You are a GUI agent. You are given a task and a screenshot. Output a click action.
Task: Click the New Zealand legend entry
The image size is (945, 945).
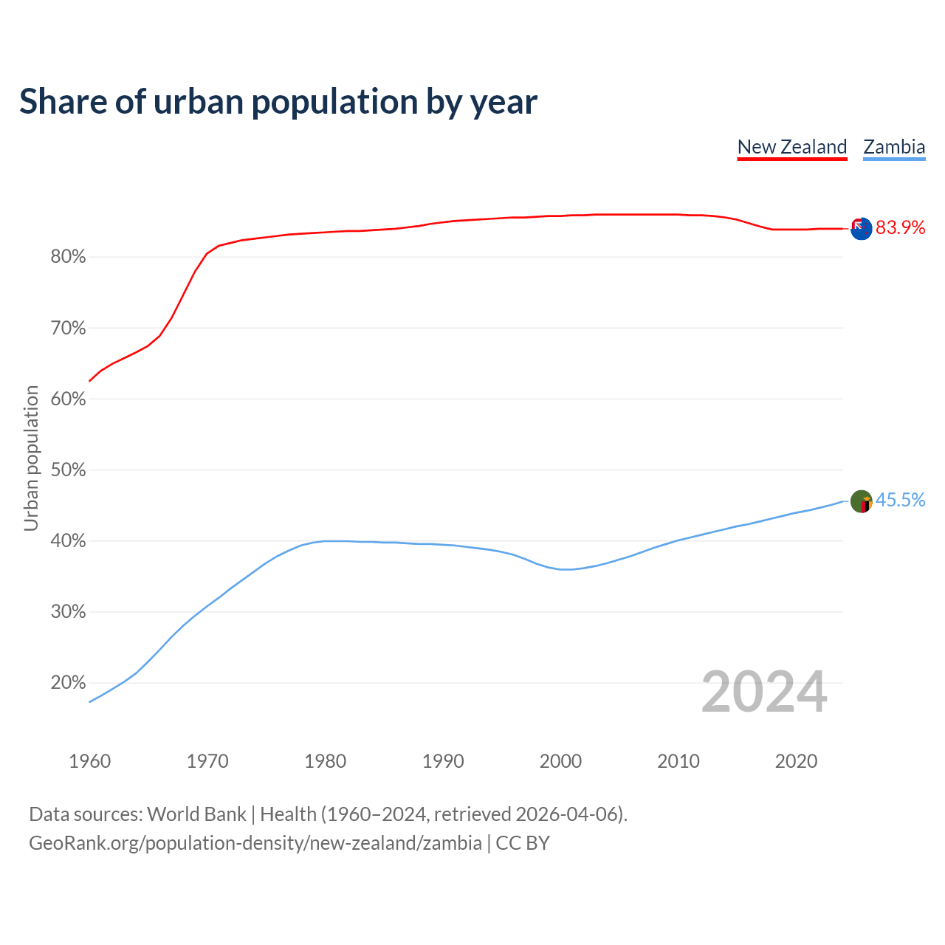(x=792, y=147)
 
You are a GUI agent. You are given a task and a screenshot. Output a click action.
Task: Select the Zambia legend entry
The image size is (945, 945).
(x=894, y=147)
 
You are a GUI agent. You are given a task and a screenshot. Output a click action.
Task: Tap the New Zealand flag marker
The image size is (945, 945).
(x=861, y=229)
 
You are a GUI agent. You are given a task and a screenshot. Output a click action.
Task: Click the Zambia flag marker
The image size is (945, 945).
(x=861, y=501)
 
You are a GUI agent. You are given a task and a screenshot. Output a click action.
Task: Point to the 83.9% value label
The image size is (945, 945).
(x=900, y=228)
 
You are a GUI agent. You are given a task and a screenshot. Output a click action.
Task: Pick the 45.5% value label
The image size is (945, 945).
(x=900, y=501)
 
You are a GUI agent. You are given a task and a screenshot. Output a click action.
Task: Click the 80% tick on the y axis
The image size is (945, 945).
(x=68, y=257)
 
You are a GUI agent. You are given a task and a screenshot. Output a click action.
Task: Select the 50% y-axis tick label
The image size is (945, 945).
(x=68, y=470)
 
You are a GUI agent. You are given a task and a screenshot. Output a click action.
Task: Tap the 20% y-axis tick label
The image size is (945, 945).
(x=68, y=683)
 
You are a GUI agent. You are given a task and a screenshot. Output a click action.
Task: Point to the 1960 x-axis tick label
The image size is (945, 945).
(x=89, y=761)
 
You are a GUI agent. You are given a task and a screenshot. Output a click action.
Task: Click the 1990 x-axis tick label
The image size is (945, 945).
(x=443, y=761)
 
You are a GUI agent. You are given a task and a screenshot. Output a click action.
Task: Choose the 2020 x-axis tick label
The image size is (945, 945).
(x=796, y=761)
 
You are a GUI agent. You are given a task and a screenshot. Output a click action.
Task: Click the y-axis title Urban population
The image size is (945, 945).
(x=31, y=458)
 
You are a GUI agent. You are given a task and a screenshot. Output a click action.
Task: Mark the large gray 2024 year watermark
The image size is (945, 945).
(x=764, y=692)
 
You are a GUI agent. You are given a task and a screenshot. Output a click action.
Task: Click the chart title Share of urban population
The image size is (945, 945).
(x=278, y=101)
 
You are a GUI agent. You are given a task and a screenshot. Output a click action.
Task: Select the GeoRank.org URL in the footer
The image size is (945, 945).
(x=255, y=843)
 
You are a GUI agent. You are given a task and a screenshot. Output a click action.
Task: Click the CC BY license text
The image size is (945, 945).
(x=523, y=843)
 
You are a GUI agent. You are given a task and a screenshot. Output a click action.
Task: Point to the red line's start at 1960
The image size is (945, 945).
(x=90, y=381)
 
